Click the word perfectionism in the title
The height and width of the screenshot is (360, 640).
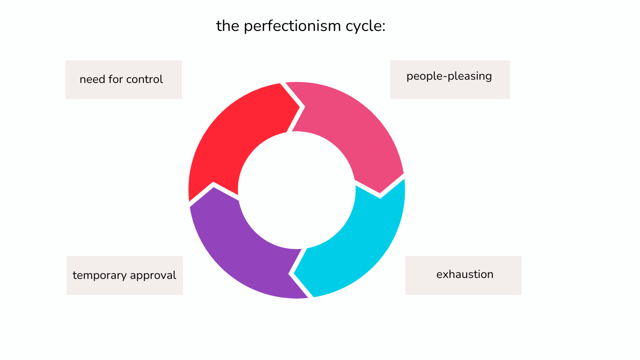pos(292,27)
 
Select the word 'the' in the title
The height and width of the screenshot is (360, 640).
pos(228,26)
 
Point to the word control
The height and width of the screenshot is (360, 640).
pos(145,79)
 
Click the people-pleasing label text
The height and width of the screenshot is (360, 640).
pos(449,76)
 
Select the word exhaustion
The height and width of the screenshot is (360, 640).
pos(465,275)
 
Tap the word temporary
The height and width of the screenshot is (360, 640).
pos(100,276)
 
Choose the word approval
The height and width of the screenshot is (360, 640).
pos(153,275)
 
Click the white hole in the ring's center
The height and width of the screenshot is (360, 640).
pos(297,190)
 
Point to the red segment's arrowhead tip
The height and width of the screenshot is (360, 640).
pos(300,107)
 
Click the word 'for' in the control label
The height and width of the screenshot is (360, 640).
pos(116,79)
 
